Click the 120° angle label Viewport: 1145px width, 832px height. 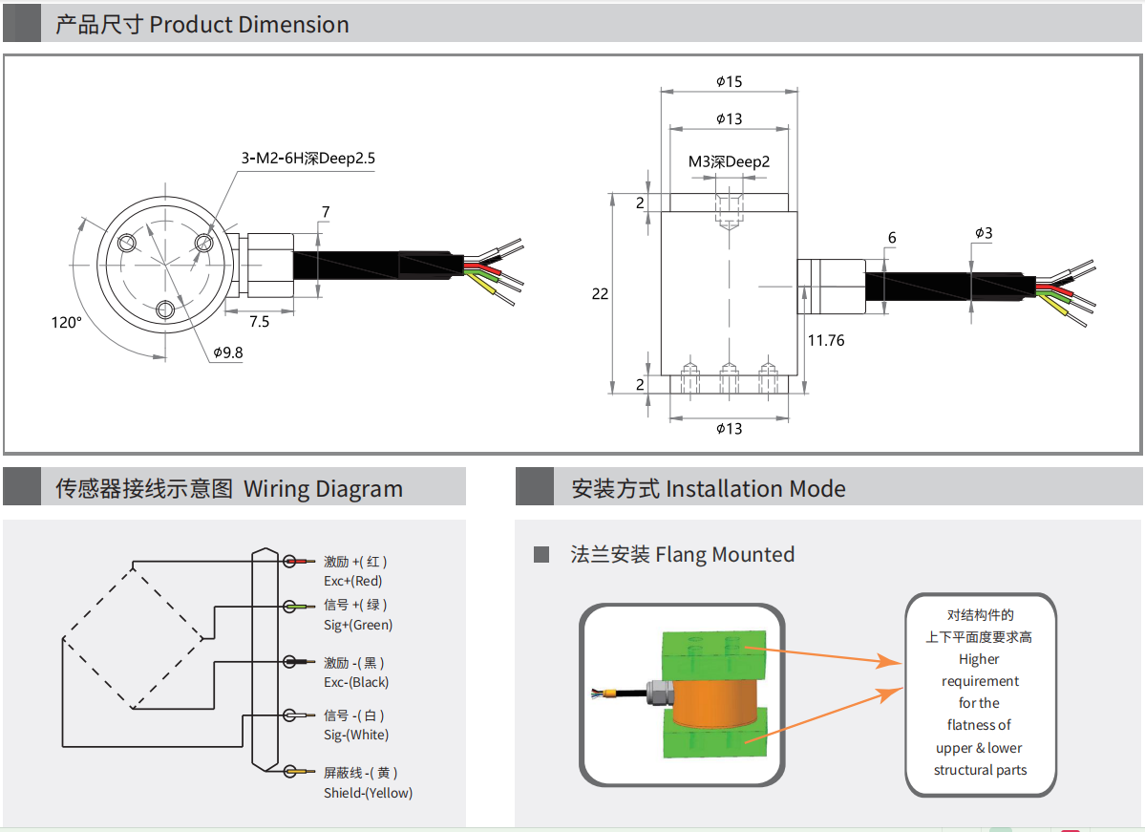[67, 322]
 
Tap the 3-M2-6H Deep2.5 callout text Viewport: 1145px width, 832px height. [307, 159]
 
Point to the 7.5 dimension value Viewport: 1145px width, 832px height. [259, 321]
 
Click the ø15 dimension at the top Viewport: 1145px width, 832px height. [729, 82]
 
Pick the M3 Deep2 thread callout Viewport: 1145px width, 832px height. [729, 161]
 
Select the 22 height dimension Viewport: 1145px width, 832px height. [600, 293]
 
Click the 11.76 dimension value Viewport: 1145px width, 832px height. [826, 339]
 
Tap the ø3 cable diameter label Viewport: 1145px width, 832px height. [984, 233]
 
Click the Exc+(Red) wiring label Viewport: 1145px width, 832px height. [353, 581]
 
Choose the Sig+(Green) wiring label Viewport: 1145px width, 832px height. [358, 625]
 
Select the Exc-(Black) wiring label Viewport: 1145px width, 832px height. [356, 682]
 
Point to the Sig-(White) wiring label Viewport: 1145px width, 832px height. [356, 735]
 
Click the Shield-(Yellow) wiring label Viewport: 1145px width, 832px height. [368, 793]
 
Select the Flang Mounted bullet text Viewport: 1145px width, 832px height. [682, 555]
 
